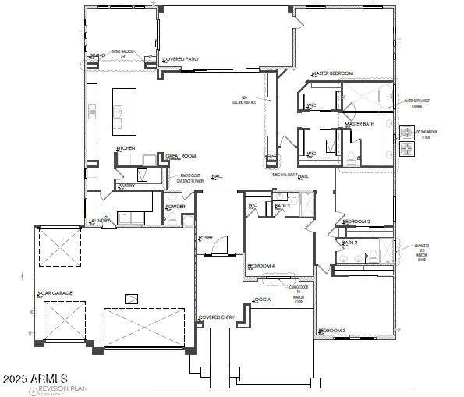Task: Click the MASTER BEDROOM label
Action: (x=333, y=73)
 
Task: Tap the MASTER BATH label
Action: (x=360, y=124)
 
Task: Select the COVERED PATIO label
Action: (x=181, y=59)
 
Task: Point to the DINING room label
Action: (x=97, y=55)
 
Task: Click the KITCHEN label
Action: (x=126, y=147)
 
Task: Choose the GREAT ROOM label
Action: (x=182, y=156)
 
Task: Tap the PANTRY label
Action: (x=126, y=186)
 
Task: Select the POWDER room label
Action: (x=175, y=207)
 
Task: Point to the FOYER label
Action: (x=206, y=237)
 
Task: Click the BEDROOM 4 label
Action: (x=261, y=266)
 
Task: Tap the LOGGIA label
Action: (x=262, y=300)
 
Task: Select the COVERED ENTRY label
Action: (x=217, y=317)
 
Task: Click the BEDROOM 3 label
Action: (x=332, y=331)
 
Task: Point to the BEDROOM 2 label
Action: (x=356, y=222)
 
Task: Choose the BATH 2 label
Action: (x=349, y=243)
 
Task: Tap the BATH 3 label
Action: (x=282, y=206)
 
